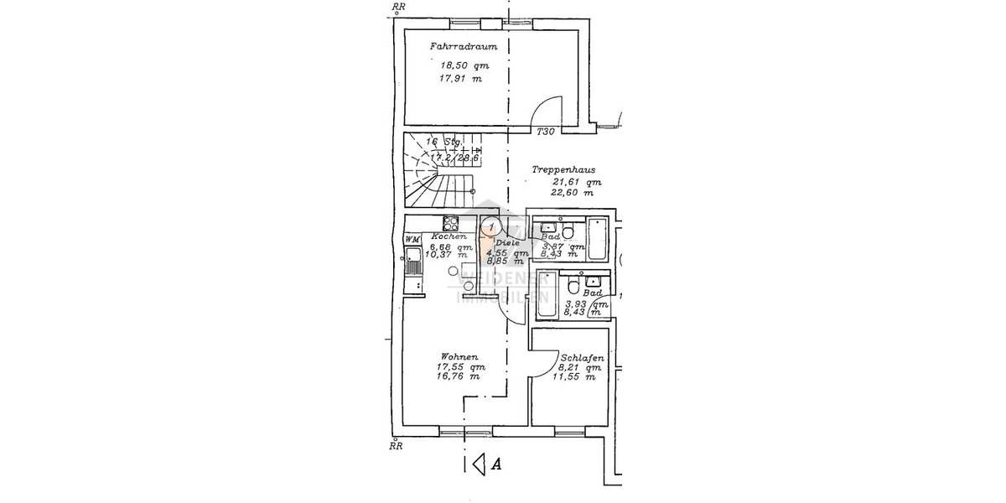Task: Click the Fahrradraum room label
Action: pyautogui.click(x=458, y=48)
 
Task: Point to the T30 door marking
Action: pyautogui.click(x=546, y=132)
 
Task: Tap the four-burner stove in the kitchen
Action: pyautogui.click(x=450, y=223)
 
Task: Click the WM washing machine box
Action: pyautogui.click(x=412, y=240)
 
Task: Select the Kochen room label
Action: pyautogui.click(x=449, y=236)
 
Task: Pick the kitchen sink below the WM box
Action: pyautogui.click(x=412, y=264)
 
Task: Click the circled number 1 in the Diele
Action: pyautogui.click(x=491, y=226)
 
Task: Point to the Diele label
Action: pyautogui.click(x=507, y=242)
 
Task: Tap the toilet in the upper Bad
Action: pyautogui.click(x=568, y=232)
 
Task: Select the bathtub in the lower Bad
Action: pyautogui.click(x=545, y=295)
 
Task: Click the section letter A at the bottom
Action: pyautogui.click(x=496, y=463)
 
